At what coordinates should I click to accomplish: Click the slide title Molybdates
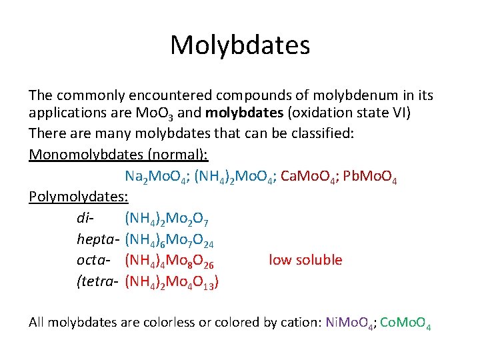[239, 45]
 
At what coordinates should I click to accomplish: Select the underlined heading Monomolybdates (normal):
[119, 155]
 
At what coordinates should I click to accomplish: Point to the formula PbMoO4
[373, 177]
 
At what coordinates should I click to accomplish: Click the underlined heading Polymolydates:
[79, 197]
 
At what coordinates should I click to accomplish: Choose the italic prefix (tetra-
[98, 281]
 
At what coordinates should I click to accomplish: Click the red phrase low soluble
[305, 260]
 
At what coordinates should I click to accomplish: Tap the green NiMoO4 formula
[349, 323]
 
